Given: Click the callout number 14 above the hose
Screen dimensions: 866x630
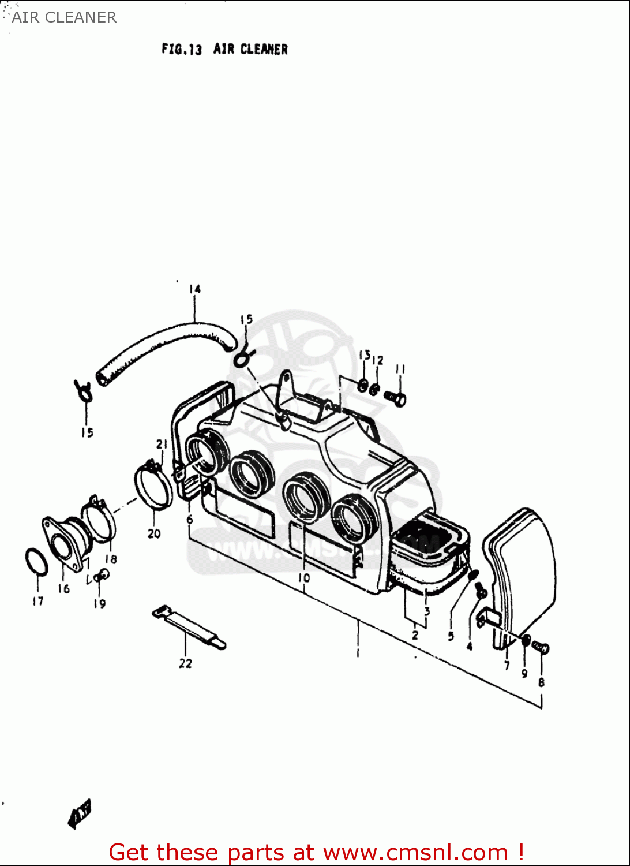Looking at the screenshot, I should click(x=194, y=289).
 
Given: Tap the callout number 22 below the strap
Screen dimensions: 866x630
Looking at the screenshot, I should click(x=185, y=663).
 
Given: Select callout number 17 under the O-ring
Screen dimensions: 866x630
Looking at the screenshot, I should click(x=37, y=601).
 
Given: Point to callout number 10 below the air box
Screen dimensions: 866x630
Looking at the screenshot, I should click(x=304, y=577).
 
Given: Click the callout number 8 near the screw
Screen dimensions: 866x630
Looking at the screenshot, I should click(x=541, y=682).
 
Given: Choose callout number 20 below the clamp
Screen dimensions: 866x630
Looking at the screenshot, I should click(x=154, y=533).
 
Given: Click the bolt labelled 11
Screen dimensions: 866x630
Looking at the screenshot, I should click(x=396, y=397).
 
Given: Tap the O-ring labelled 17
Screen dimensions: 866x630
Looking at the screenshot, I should click(x=36, y=561).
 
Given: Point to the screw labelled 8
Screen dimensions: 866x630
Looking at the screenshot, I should click(x=541, y=647).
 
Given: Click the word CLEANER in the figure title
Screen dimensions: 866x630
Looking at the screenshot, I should click(x=264, y=50).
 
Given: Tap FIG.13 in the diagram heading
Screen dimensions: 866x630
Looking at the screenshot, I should click(x=182, y=50).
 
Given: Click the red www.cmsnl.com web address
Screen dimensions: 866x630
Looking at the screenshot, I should click(x=415, y=852).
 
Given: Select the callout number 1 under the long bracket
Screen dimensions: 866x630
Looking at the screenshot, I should click(x=358, y=653).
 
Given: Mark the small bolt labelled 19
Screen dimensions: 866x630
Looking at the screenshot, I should click(x=102, y=575).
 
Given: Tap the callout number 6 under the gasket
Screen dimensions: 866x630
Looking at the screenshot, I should click(x=190, y=519).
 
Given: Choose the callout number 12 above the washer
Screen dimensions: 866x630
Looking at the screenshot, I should click(x=377, y=360).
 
